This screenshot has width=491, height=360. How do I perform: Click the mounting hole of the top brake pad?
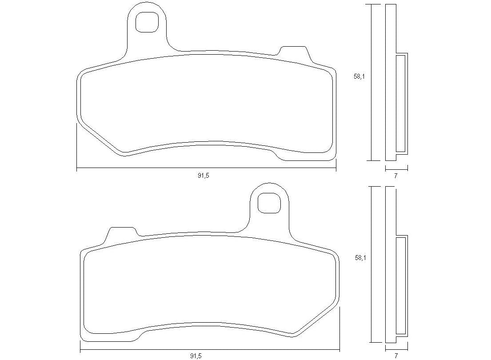[x=147, y=22]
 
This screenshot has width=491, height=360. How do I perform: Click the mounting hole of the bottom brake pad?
[x=269, y=203]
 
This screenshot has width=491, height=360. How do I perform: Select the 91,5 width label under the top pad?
[x=203, y=176]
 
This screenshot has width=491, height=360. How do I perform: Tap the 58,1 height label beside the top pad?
[x=359, y=76]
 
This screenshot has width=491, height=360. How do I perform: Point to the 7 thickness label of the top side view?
[x=396, y=176]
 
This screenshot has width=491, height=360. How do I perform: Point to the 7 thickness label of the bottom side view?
[x=396, y=356]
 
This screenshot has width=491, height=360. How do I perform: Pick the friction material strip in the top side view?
[x=401, y=103]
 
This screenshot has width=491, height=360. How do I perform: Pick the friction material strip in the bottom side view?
[x=401, y=285]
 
